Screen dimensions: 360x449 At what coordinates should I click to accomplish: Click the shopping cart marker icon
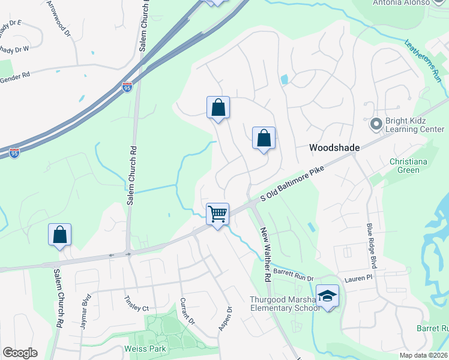tap(217, 213)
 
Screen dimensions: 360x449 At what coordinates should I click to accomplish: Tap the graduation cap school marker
tap(328, 295)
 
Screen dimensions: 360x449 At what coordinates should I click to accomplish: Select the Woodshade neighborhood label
tap(334, 148)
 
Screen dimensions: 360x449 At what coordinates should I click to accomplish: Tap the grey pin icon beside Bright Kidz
tap(376, 124)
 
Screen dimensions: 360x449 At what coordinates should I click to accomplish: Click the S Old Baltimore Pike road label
tap(292, 184)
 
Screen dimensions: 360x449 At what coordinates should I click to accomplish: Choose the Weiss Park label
tap(140, 349)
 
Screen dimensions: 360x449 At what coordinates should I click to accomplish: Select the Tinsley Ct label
tap(136, 304)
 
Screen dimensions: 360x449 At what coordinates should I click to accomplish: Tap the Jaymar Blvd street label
tap(86, 311)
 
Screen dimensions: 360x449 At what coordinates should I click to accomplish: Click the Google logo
tap(20, 353)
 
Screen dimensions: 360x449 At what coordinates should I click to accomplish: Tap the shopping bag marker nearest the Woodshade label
tap(264, 139)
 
